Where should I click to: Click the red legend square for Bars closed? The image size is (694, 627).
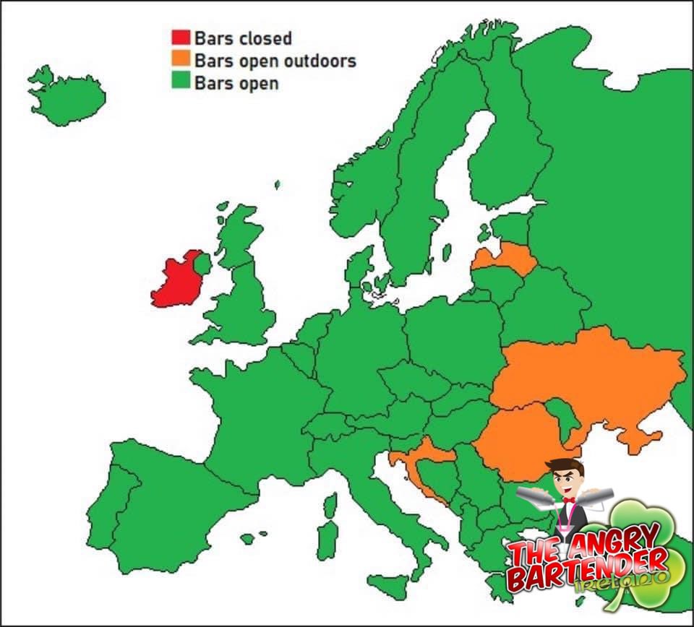(x=181, y=38)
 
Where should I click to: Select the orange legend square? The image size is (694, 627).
(x=181, y=59)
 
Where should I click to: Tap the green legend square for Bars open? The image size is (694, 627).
(x=181, y=82)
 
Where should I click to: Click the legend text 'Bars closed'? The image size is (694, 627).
(x=243, y=38)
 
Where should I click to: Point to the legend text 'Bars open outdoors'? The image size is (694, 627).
(x=275, y=60)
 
